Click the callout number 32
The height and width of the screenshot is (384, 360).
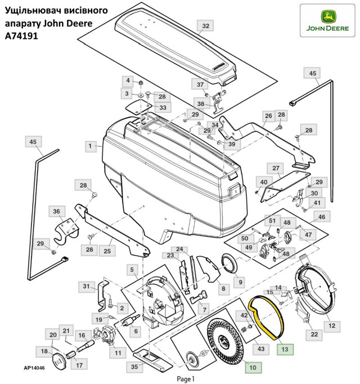tap(205, 26)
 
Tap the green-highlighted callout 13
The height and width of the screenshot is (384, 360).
tap(285, 349)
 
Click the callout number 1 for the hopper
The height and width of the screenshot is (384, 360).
tap(89, 146)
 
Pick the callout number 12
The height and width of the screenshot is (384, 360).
tap(331, 325)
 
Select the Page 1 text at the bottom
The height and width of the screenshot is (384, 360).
tap(185, 378)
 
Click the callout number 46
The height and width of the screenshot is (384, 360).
tap(321, 217)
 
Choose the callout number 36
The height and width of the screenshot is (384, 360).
tap(56, 212)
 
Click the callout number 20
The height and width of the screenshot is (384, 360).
tap(53, 336)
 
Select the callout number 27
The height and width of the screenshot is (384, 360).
tap(276, 168)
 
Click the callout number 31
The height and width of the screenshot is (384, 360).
tap(86, 287)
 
